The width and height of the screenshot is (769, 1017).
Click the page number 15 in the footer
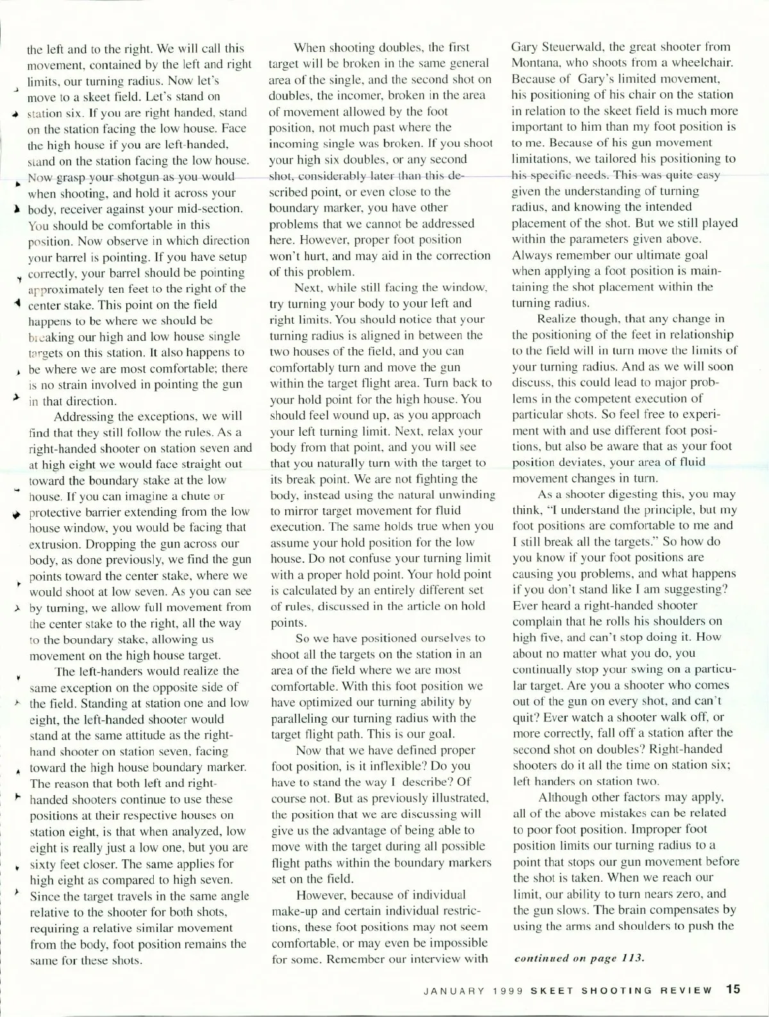pos(733,989)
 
